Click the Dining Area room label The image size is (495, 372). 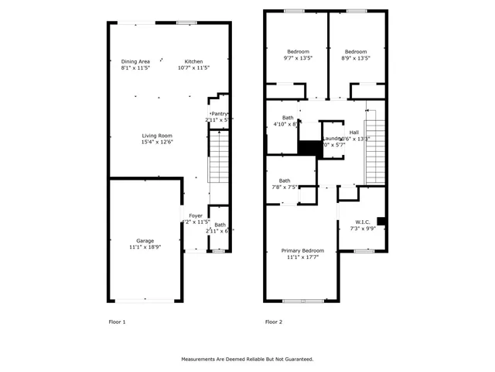pyautogui.click(x=135, y=61)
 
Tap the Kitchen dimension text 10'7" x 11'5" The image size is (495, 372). pyautogui.click(x=193, y=68)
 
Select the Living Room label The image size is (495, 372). pyautogui.click(x=156, y=136)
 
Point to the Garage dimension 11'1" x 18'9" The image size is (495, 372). pyautogui.click(x=145, y=247)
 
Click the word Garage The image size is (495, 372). pyautogui.click(x=145, y=240)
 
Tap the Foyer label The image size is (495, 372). pyautogui.click(x=196, y=215)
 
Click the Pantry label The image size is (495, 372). pyautogui.click(x=220, y=114)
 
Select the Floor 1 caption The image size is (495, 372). pyautogui.click(x=117, y=322)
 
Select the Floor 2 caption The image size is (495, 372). pyautogui.click(x=274, y=322)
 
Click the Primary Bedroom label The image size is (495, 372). pyautogui.click(x=302, y=250)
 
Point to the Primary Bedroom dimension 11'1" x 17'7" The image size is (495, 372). pyautogui.click(x=302, y=257)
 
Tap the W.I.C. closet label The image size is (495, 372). pyautogui.click(x=364, y=222)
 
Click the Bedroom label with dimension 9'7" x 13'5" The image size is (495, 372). pyautogui.click(x=297, y=51)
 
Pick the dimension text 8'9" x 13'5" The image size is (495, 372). pyautogui.click(x=356, y=58)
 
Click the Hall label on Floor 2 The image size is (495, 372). pyautogui.click(x=353, y=133)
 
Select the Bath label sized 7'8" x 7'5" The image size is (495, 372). pyautogui.click(x=285, y=181)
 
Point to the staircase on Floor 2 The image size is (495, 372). pyautogui.click(x=375, y=147)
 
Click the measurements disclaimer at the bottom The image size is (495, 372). pyautogui.click(x=247, y=359)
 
